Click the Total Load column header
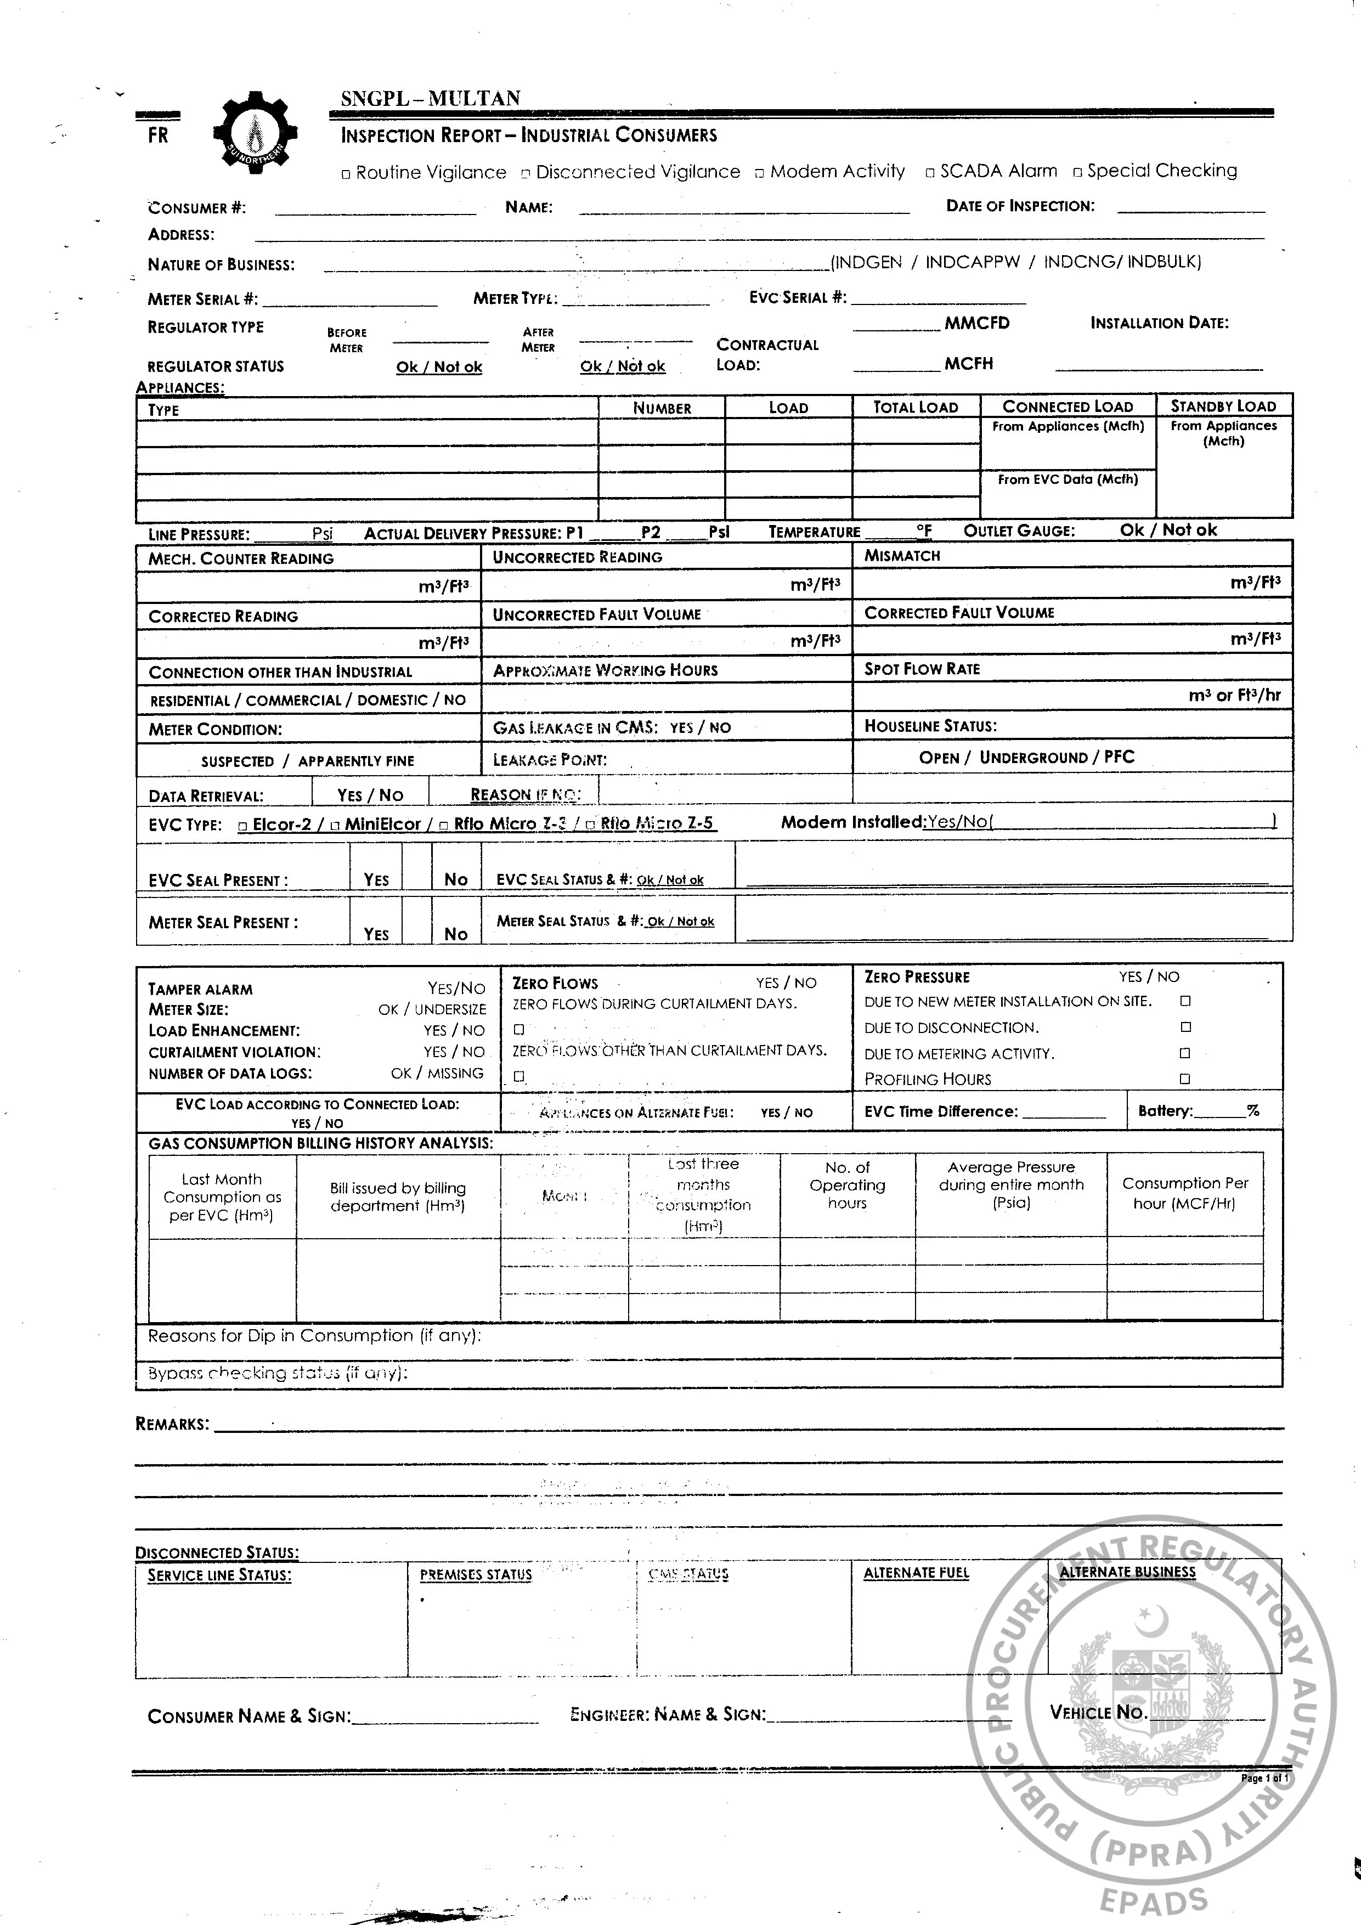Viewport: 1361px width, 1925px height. point(915,408)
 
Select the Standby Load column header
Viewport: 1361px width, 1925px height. point(1223,407)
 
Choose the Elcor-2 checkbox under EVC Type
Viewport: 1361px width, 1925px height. point(243,826)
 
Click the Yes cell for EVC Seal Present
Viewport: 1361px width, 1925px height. point(376,879)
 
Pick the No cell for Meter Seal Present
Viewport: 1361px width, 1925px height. point(455,933)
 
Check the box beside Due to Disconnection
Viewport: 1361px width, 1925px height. point(1185,1027)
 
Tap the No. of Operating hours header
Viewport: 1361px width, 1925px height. point(847,1185)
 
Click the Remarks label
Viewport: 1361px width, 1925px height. point(172,1424)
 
